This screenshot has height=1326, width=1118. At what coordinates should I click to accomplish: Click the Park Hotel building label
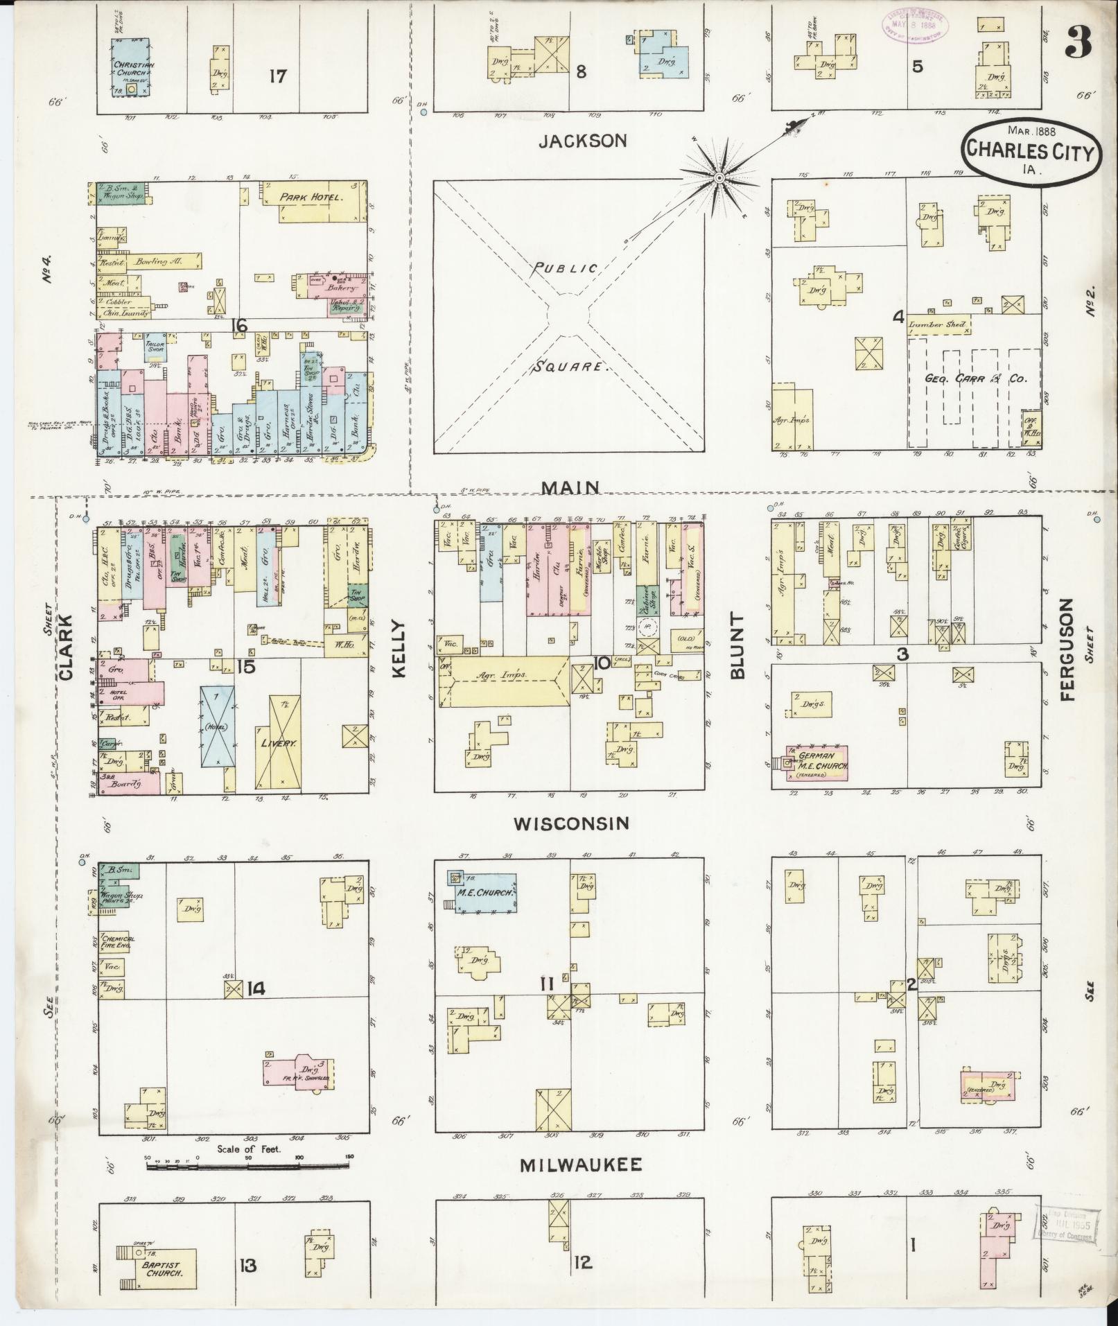(313, 198)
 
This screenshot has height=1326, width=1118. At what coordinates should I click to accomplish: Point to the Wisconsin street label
(571, 823)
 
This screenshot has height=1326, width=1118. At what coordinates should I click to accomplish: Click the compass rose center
(719, 179)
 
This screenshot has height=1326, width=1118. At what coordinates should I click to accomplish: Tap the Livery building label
(279, 742)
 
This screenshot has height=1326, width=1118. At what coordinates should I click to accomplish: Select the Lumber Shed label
(937, 324)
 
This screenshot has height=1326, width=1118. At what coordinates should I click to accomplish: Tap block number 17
(277, 76)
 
